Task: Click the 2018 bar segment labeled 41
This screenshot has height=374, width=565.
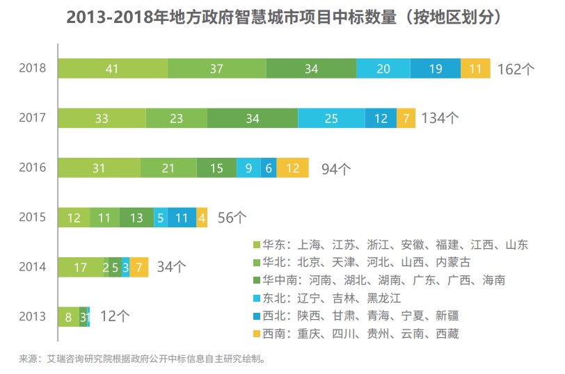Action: click(112, 68)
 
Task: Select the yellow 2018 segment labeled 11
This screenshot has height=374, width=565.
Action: click(475, 68)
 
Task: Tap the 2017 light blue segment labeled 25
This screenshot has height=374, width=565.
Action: click(331, 118)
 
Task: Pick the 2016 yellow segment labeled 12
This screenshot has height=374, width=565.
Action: click(292, 168)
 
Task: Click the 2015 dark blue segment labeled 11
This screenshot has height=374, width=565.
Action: click(182, 218)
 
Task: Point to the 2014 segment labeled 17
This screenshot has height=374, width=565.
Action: click(80, 267)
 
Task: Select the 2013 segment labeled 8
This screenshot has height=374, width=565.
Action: click(68, 316)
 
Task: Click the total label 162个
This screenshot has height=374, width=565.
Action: click(516, 69)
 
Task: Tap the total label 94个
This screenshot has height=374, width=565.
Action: click(336, 168)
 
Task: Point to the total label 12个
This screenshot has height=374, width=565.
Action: click(115, 316)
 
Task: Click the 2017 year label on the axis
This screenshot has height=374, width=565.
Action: click(32, 118)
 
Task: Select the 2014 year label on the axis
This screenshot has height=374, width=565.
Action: click(32, 267)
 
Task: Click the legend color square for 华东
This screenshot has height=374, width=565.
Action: click(257, 245)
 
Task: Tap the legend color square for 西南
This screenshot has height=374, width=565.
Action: click(257, 334)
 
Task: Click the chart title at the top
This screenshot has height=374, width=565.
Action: click(282, 17)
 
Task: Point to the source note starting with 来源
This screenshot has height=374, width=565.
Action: click(142, 359)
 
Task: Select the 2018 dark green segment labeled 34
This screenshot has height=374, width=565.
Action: click(311, 68)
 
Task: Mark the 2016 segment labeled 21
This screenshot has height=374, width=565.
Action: click(168, 168)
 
